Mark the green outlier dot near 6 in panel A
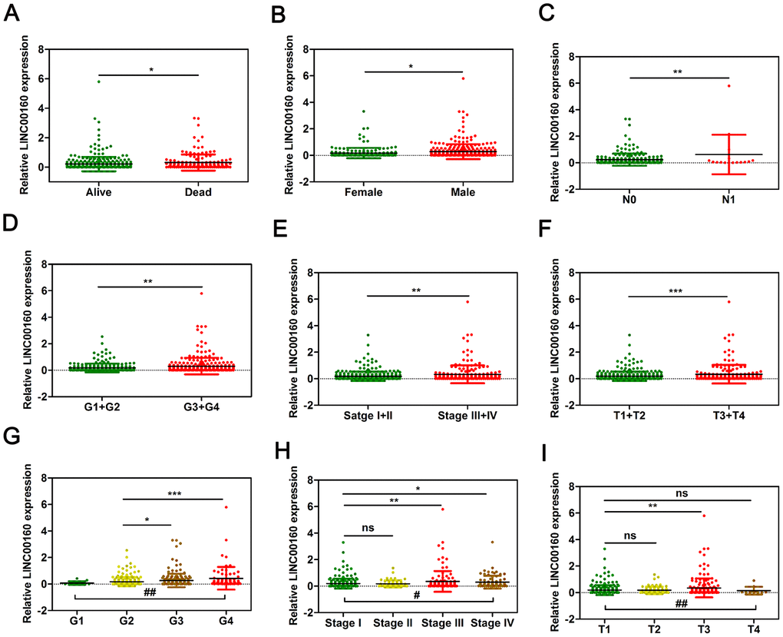[99, 81]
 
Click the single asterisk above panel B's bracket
[412, 66]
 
